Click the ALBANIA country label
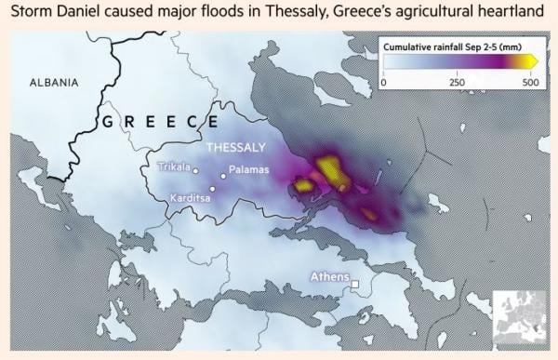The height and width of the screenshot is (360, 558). pos(54,82)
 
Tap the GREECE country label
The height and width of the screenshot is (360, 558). pos(155,122)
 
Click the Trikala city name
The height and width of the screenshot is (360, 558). pos(173,168)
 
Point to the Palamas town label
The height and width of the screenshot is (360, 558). pos(248,170)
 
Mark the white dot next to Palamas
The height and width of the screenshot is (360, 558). pos(222,175)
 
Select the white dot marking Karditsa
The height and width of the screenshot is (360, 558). pos(212,189)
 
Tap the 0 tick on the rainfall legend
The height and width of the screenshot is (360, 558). pos(384,83)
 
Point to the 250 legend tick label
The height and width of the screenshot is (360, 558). pos(458,83)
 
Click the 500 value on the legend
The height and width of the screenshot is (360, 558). pos(530,83)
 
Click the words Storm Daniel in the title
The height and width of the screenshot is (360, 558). pos(54,14)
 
